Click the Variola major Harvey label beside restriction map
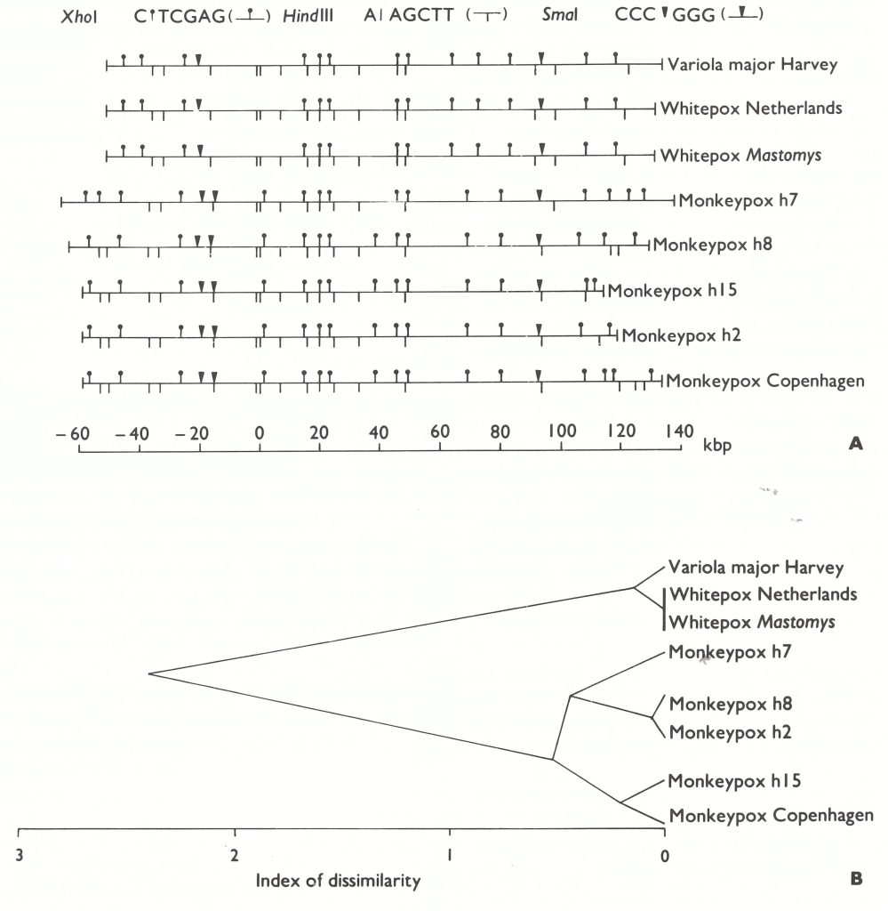coord(750,63)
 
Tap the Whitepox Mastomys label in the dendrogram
coord(752,621)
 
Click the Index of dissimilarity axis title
coord(338,883)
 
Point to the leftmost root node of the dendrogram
coord(148,673)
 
